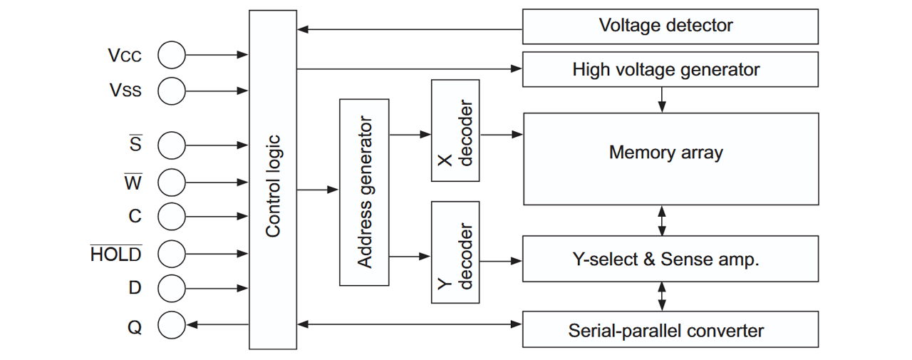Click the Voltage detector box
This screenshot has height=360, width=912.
pos(670,26)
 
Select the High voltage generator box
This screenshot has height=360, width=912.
pos(670,69)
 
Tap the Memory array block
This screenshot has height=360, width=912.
pos(670,158)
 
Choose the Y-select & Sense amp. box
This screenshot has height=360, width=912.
pos(670,259)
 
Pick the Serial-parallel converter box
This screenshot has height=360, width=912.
pos(670,331)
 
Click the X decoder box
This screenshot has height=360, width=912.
pos(455,130)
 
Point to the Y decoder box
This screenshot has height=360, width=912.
pos(455,252)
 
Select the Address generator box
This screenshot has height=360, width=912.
pos(364,192)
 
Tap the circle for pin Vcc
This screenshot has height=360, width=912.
pos(172,55)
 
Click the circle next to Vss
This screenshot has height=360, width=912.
pos(172,91)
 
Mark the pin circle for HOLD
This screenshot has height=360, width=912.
pos(172,253)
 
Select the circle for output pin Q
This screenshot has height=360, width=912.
pos(172,326)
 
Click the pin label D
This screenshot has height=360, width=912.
pos(135,288)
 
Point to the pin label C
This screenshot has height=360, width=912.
pos(135,216)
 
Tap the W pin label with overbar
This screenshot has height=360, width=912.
pos(133,182)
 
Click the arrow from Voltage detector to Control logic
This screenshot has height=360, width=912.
pos(410,30)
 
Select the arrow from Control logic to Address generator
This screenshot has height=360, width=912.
pos(317,190)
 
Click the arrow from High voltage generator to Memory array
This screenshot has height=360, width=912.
pos(662,99)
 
